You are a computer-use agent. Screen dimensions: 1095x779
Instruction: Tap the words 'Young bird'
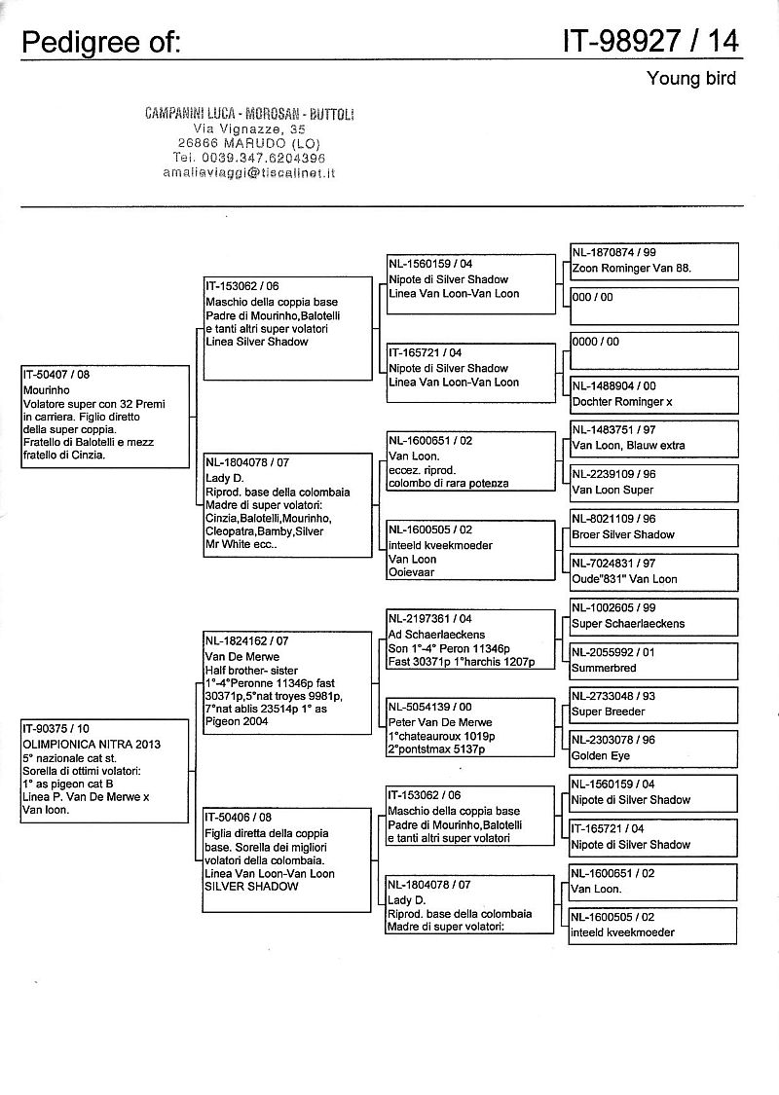pyautogui.click(x=691, y=78)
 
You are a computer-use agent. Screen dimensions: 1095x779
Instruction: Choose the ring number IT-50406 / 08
pyautogui.click(x=239, y=819)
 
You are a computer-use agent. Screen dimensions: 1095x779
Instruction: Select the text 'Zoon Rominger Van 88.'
pyautogui.click(x=631, y=268)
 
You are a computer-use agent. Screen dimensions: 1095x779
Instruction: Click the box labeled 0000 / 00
pyautogui.click(x=653, y=349)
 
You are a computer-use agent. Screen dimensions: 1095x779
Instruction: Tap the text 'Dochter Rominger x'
pyautogui.click(x=622, y=401)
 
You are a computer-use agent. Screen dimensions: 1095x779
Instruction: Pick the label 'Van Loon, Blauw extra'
pyautogui.click(x=628, y=445)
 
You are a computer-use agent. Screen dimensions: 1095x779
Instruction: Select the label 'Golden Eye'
pyautogui.click(x=602, y=755)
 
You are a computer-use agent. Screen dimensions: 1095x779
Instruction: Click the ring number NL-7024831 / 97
pyautogui.click(x=614, y=564)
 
